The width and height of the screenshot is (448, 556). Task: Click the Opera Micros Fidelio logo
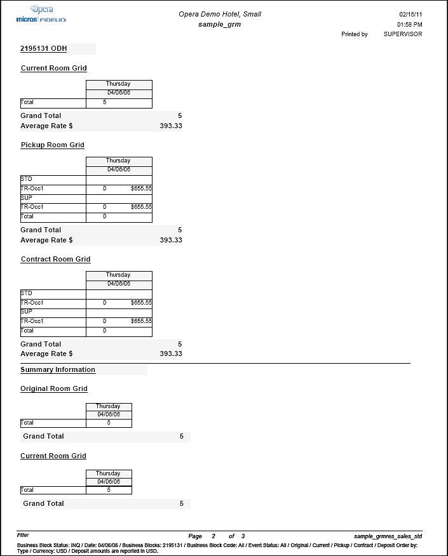point(41,15)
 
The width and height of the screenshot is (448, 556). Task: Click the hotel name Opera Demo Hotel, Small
point(219,14)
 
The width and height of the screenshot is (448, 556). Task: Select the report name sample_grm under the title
point(219,24)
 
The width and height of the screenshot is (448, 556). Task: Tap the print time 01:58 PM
point(411,24)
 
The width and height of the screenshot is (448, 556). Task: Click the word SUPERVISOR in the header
point(402,34)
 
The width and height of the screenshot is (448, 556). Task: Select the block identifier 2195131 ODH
point(44,49)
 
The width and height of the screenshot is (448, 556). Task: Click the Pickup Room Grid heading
point(53,145)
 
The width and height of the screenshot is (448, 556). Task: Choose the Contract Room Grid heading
point(55,259)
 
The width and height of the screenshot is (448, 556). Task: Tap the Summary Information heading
point(58,369)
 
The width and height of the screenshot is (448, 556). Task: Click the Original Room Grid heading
point(54,388)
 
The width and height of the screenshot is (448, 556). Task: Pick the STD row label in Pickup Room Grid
point(26,179)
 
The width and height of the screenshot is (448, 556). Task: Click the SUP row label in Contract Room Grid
point(26,312)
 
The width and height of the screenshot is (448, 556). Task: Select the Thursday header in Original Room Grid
point(108,406)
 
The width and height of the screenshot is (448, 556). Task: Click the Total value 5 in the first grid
point(105,102)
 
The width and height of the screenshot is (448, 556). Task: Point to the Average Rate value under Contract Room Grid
point(171,354)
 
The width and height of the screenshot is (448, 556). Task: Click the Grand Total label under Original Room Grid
point(44,436)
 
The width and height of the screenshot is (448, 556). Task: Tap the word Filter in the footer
point(23,536)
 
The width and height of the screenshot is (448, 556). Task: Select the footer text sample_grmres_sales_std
point(388,536)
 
